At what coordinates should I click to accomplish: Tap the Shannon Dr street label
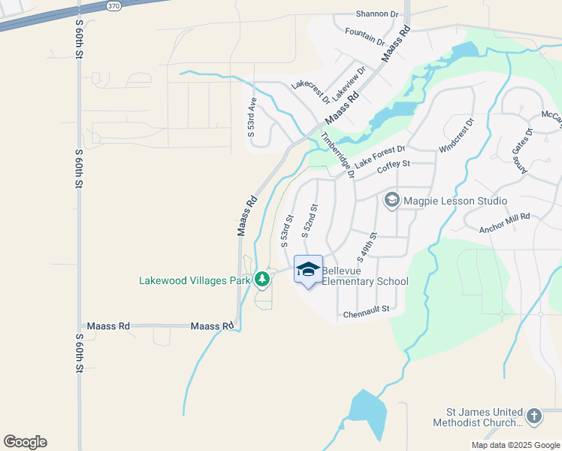coord(376,14)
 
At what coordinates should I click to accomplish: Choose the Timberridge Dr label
coord(337,154)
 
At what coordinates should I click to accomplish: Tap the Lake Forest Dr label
coord(380,156)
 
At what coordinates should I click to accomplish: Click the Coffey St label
coord(393,164)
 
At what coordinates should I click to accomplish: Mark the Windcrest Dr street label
coord(457,135)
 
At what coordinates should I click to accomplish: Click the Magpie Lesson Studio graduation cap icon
coord(391,201)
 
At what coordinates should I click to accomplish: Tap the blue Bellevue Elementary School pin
coord(308,271)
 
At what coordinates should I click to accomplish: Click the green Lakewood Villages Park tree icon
coord(261,280)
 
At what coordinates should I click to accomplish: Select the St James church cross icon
coord(533,416)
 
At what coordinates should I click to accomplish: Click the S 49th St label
coord(366,245)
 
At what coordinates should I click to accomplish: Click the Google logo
coord(25,442)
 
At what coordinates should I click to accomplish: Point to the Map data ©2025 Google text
coord(515,445)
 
